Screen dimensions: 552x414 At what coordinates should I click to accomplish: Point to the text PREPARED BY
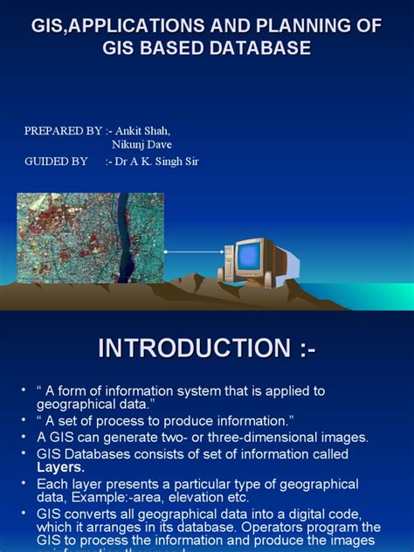[x=64, y=130]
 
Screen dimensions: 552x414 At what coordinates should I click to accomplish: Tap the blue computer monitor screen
[x=250, y=256]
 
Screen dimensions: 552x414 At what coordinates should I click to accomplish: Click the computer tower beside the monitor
[x=229, y=263]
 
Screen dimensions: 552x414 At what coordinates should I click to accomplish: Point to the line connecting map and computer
[x=193, y=252]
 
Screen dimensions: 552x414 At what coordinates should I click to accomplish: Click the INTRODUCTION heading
[x=206, y=348]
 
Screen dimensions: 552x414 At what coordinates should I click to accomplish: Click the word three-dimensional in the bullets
[x=252, y=437]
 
